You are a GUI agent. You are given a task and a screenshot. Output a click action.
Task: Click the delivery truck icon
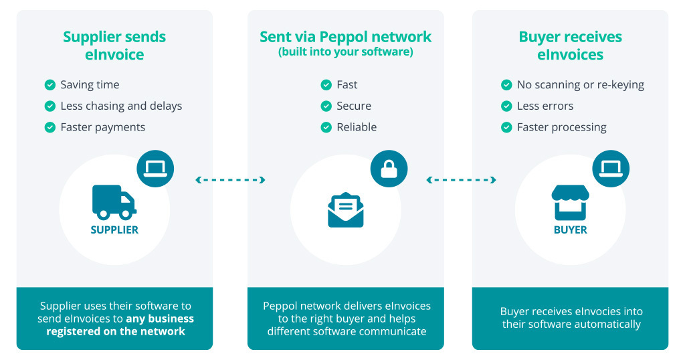[114, 202]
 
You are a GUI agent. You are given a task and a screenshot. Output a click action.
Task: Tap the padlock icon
[389, 169]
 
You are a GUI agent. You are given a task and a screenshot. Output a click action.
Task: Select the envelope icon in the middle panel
[345, 210]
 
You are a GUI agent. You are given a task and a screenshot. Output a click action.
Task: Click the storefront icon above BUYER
[570, 203]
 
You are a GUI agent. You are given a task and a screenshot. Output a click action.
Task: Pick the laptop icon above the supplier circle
[155, 169]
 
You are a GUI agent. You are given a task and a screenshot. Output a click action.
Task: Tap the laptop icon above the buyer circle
[611, 169]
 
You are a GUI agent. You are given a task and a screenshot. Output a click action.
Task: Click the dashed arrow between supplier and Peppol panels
[230, 180]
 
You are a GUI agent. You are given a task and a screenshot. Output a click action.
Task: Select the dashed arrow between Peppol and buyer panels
[461, 180]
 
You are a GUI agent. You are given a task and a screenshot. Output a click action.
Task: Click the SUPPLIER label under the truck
[114, 230]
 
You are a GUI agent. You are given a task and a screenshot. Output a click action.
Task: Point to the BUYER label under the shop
[570, 230]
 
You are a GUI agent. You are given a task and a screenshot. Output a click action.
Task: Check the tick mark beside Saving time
[50, 85]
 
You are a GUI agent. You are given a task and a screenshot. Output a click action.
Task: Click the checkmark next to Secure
[326, 106]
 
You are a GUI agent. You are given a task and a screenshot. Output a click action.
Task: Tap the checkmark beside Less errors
[506, 106]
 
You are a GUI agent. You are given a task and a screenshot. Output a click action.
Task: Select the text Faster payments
[102, 127]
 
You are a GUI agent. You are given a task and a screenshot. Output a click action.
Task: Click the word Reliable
[357, 127]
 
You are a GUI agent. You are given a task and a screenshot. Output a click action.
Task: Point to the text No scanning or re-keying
[580, 85]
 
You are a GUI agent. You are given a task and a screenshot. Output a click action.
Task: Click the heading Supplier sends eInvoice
[114, 46]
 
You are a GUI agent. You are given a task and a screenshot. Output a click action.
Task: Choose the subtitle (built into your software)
[345, 52]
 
